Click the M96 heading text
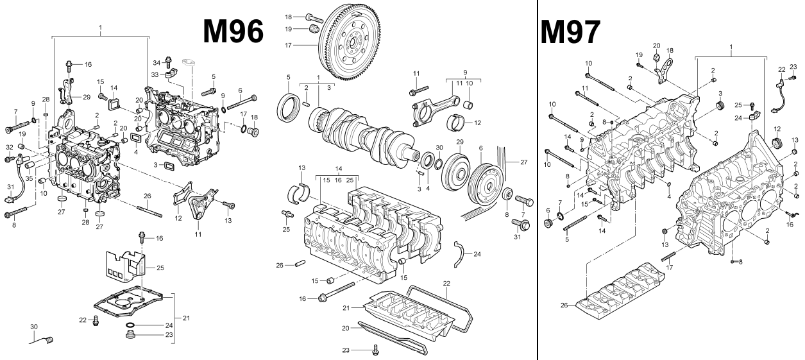[x=233, y=31]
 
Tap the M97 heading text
[x=571, y=31]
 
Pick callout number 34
[x=156, y=62]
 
